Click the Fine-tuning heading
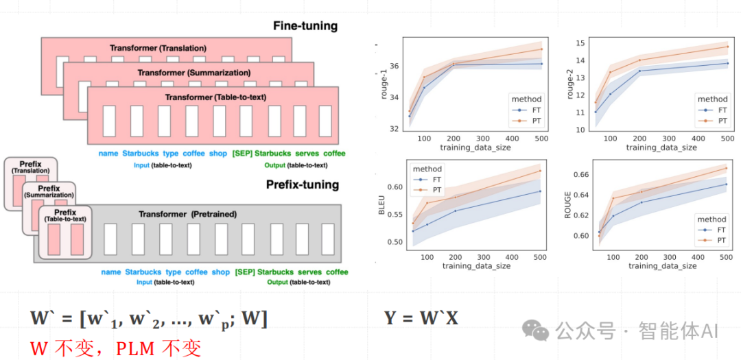[305, 26]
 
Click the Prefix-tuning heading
[302, 184]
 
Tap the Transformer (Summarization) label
[194, 73]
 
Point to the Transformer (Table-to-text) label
[215, 97]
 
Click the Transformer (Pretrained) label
[187, 214]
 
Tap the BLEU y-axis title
[382, 206]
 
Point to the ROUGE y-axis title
[567, 206]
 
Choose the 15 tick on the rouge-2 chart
[580, 43]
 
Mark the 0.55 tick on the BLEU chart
[395, 215]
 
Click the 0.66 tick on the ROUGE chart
[579, 175]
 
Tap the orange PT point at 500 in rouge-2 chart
[727, 47]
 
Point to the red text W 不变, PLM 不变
[115, 348]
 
